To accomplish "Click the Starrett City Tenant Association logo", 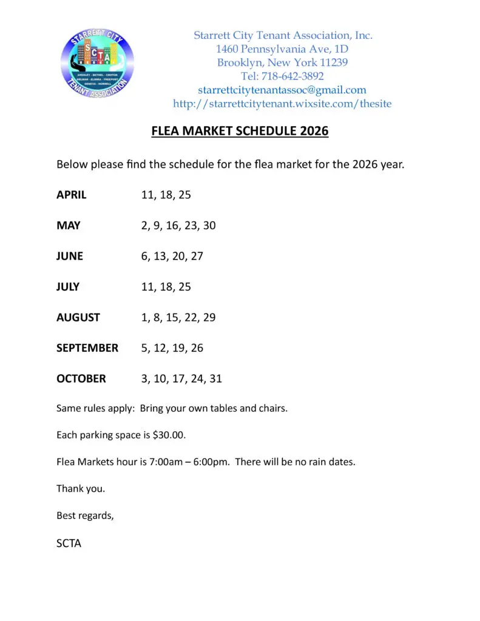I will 97,63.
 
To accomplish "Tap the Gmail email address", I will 282,90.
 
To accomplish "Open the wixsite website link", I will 282,104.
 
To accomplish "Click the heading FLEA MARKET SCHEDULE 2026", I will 240,131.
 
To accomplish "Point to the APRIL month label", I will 72,195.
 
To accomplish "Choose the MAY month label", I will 69,226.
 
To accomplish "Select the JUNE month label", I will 70,256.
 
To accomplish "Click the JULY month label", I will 68,286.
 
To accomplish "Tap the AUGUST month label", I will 78,317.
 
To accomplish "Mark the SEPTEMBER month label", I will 87,348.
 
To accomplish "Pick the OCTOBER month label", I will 81,378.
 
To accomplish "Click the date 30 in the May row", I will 209,226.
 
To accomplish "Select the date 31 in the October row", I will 215,378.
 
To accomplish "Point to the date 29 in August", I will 209,317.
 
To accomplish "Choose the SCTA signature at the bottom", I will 69,543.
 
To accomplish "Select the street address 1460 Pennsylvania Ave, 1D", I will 282,49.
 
